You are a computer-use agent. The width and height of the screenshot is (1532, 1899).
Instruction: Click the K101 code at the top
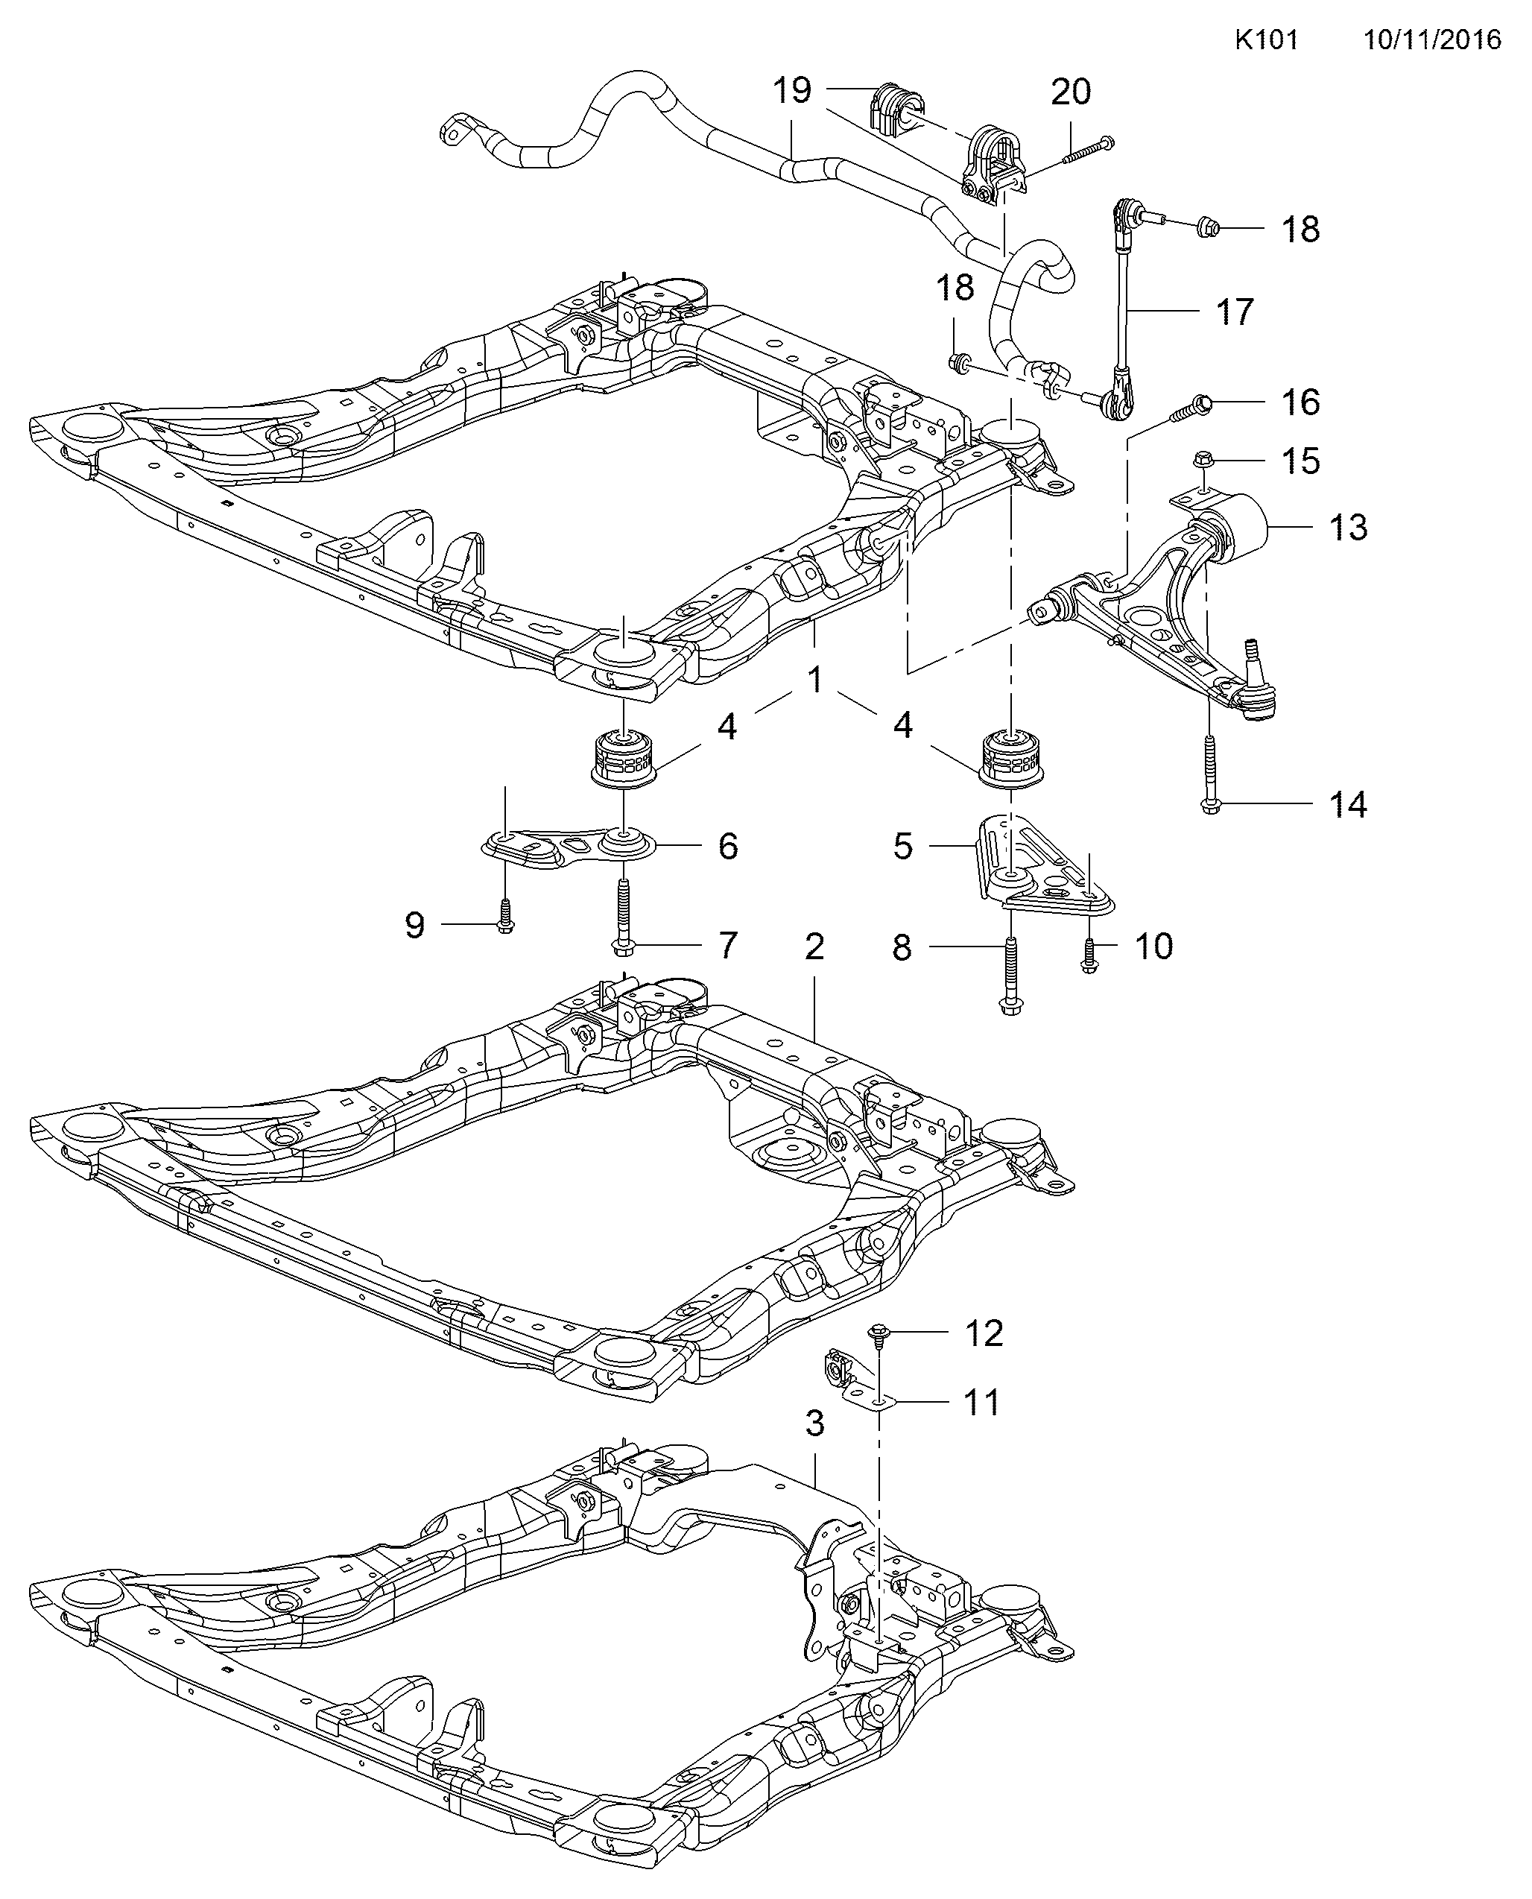pyautogui.click(x=1265, y=40)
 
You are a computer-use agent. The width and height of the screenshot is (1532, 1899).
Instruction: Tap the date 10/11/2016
pyautogui.click(x=1432, y=40)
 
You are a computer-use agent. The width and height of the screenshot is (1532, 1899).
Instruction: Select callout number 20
pyautogui.click(x=1071, y=92)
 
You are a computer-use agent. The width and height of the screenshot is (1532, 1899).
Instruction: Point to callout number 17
pyautogui.click(x=1234, y=312)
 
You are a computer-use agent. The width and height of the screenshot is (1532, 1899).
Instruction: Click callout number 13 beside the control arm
pyautogui.click(x=1347, y=527)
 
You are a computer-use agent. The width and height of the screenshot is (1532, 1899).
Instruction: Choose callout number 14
pyautogui.click(x=1347, y=805)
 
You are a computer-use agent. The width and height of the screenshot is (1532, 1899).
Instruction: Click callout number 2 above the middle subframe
pyautogui.click(x=814, y=946)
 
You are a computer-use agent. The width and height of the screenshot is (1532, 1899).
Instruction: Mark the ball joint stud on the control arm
pyautogui.click(x=1250, y=653)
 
